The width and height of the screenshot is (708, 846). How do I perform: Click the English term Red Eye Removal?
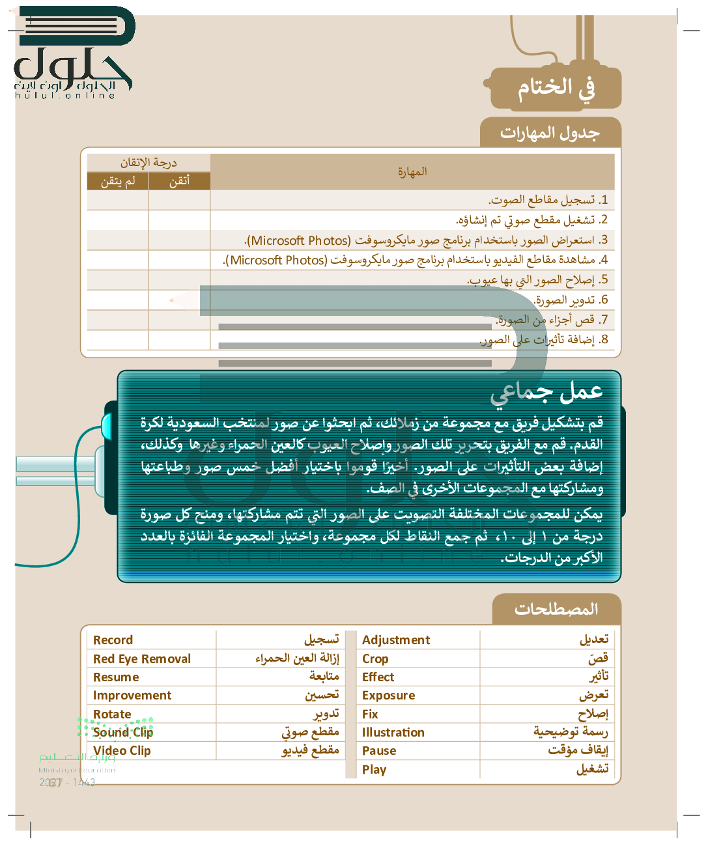(142, 659)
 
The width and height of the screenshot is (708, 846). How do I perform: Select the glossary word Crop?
(375, 659)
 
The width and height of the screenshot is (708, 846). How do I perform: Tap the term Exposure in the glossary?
(388, 696)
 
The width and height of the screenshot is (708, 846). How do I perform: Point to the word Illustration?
(393, 733)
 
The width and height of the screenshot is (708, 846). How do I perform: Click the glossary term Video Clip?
(122, 751)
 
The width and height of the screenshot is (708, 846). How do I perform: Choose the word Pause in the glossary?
(379, 751)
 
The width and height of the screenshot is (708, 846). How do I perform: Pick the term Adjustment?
(396, 640)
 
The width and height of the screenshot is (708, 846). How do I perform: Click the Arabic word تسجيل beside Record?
(321, 640)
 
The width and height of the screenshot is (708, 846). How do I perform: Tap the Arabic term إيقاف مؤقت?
(578, 750)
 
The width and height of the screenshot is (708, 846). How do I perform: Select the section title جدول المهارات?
(550, 133)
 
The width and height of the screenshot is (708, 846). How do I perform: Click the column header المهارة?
(412, 172)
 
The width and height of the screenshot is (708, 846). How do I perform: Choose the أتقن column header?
(179, 182)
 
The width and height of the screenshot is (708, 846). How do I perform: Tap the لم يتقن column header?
(118, 182)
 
